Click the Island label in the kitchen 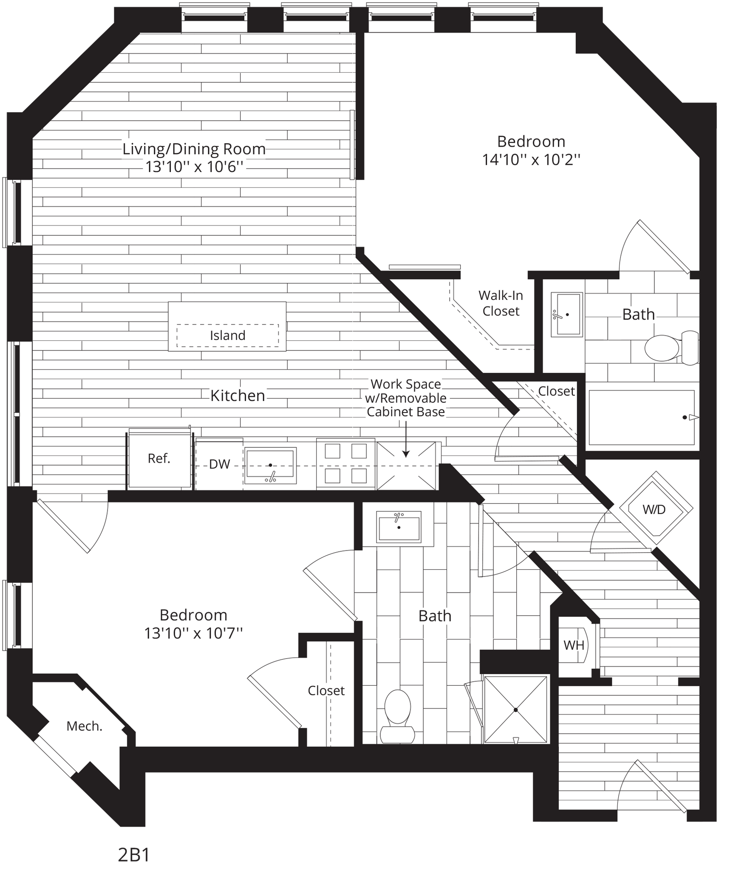coord(227,336)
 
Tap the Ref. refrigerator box coord(159,459)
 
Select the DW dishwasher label coord(219,464)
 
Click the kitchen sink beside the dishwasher coord(270,465)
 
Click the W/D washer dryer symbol coord(654,509)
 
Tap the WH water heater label coord(573,646)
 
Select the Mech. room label coord(84,726)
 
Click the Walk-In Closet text coord(501,303)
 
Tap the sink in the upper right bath coord(566,315)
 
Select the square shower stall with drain coord(515,710)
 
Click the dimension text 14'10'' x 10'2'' coord(531,160)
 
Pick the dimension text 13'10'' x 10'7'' coord(193,634)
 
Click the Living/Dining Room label coord(194,149)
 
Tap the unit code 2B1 coord(133,856)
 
